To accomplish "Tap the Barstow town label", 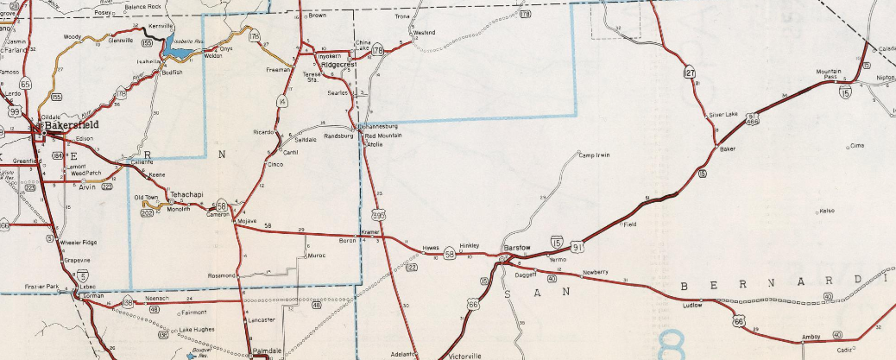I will (515, 247).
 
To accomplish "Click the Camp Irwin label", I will (595, 155).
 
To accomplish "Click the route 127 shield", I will (689, 74).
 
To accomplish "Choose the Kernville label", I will (161, 27).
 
